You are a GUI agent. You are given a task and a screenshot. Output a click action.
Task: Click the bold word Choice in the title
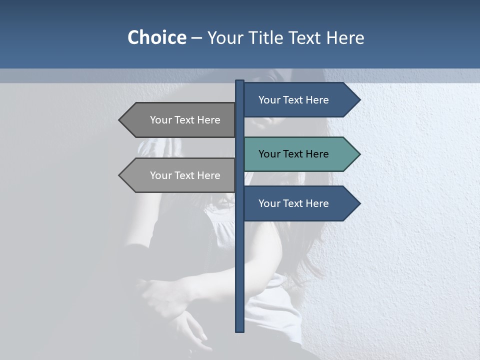pos(156,37)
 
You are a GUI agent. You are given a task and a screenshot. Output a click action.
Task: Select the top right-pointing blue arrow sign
pos(300,100)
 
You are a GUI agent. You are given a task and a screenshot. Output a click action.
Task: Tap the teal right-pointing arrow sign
pos(300,154)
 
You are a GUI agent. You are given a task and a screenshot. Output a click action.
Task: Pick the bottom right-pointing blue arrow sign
pos(300,203)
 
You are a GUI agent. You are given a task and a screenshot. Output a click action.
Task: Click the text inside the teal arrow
pos(293,154)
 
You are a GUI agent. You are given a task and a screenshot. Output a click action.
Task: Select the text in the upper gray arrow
pos(185,120)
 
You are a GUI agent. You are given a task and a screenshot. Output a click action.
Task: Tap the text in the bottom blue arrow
pos(293,203)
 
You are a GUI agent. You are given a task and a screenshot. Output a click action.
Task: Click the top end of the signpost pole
pos(240,81)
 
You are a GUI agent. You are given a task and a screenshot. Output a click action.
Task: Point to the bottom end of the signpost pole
pos(240,330)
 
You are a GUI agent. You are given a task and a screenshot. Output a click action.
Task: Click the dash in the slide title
pos(196,38)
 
